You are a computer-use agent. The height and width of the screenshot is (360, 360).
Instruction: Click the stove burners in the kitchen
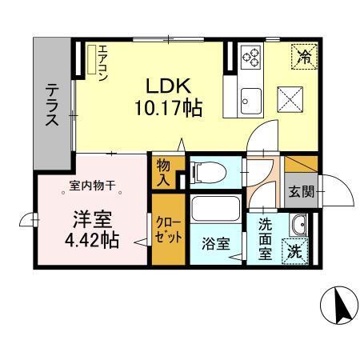(250, 56)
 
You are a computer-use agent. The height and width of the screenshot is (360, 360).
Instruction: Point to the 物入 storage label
(163, 172)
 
